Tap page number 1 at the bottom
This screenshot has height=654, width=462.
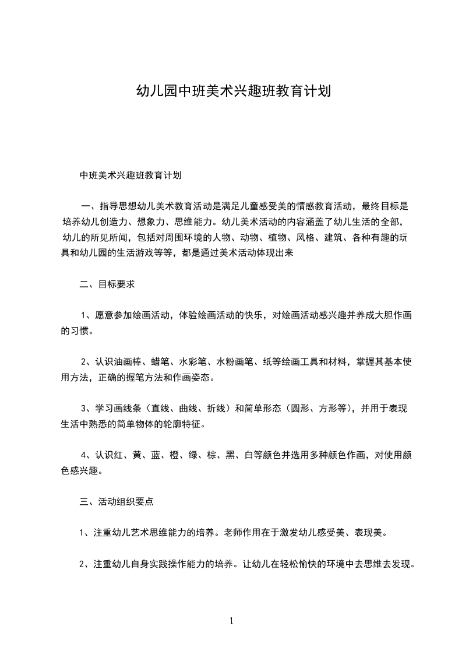tap(231, 620)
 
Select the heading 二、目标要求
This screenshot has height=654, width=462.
tap(108, 285)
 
